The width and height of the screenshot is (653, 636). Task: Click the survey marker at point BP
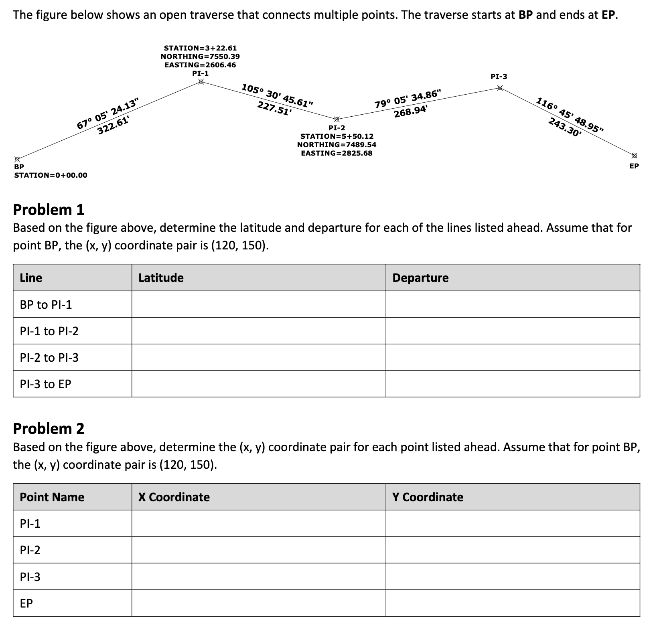pyautogui.click(x=17, y=159)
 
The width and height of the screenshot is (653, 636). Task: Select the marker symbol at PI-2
pyautogui.click(x=337, y=119)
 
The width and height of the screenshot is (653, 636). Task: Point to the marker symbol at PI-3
pyautogui.click(x=500, y=87)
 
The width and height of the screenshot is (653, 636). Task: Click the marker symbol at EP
pyautogui.click(x=634, y=156)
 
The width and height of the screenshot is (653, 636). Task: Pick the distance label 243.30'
pyautogui.click(x=564, y=128)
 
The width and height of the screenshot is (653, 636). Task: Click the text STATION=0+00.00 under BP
pyautogui.click(x=51, y=175)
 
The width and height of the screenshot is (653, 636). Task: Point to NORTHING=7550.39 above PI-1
pyautogui.click(x=200, y=57)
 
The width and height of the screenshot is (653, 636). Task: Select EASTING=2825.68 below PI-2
pyautogui.click(x=337, y=153)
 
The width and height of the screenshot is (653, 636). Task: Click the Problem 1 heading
pyautogui.click(x=49, y=209)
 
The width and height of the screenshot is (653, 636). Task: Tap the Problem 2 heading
pyautogui.click(x=49, y=429)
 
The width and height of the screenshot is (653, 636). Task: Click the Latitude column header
pyautogui.click(x=161, y=277)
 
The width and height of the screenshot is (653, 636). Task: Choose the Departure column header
pyautogui.click(x=420, y=277)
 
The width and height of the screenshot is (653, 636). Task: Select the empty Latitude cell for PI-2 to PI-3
pyautogui.click(x=259, y=357)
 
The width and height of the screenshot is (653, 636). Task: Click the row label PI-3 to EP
pyautogui.click(x=45, y=384)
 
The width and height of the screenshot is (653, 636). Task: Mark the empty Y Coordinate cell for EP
pyautogui.click(x=513, y=603)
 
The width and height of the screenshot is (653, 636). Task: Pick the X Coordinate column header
pyautogui.click(x=174, y=497)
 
